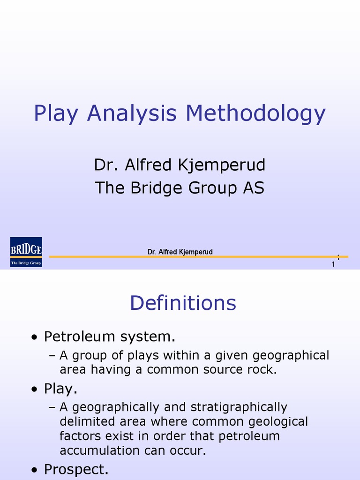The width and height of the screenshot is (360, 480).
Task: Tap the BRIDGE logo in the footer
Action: tap(26, 252)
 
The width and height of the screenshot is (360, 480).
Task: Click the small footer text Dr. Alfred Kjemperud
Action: tap(180, 252)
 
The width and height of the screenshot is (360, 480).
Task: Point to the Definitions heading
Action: tap(183, 303)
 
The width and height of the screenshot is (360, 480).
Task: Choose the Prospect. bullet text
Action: tap(76, 469)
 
